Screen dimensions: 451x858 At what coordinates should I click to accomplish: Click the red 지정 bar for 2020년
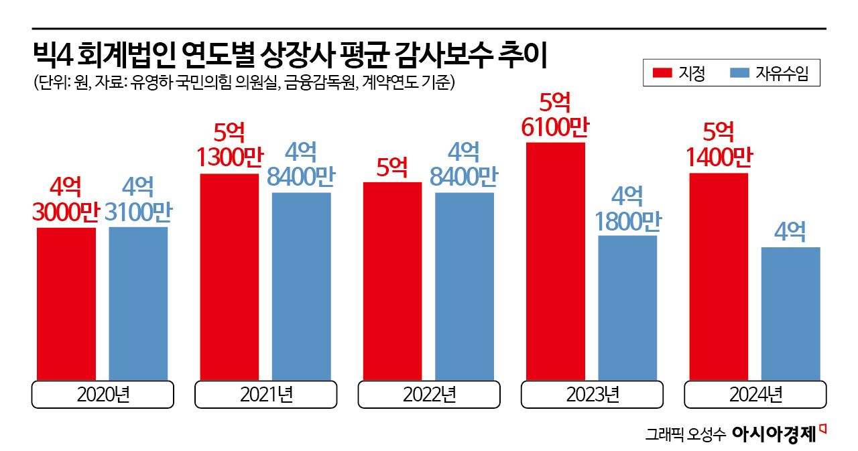(x=66, y=304)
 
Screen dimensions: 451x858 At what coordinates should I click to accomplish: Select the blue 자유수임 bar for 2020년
(x=138, y=304)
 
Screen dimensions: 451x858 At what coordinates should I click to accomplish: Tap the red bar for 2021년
(x=229, y=276)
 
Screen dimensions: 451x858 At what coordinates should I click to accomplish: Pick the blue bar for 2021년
(x=301, y=286)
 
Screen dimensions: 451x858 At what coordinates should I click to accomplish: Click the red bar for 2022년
(x=392, y=281)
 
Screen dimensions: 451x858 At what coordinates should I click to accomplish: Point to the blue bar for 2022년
(x=464, y=286)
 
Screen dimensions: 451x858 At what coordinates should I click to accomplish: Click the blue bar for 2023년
(x=627, y=308)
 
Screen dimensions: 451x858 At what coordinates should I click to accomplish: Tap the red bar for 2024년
(x=718, y=276)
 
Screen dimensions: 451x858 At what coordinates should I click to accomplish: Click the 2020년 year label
(x=103, y=395)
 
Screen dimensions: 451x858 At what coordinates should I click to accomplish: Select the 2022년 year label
(x=429, y=395)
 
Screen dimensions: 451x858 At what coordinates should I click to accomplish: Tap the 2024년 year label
(x=755, y=395)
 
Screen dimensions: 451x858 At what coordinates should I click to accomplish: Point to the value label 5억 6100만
(x=556, y=115)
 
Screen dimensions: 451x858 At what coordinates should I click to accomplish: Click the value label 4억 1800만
(x=627, y=208)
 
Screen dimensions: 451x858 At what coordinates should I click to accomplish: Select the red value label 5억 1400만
(x=718, y=146)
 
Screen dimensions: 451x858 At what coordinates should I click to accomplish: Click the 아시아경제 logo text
(x=774, y=434)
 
